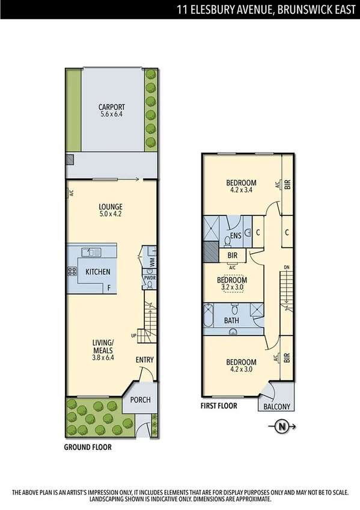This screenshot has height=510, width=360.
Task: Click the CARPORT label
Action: click(x=112, y=108)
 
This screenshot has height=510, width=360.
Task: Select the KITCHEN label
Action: click(x=98, y=272)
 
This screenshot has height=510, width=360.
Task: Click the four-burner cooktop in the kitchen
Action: click(x=73, y=271)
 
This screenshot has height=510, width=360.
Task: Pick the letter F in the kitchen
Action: click(x=109, y=288)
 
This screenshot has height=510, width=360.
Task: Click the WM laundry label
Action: click(x=152, y=262)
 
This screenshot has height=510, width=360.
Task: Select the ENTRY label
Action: click(x=144, y=360)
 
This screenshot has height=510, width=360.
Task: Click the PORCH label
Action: click(x=140, y=400)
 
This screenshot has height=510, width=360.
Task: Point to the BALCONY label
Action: click(x=277, y=407)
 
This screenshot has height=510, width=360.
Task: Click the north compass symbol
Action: click(x=282, y=427)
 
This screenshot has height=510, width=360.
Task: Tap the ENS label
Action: click(x=236, y=236)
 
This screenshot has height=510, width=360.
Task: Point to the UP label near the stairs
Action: click(x=133, y=335)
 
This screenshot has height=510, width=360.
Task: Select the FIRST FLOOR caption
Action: click(x=219, y=406)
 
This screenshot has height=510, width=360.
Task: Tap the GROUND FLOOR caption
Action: click(x=88, y=447)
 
